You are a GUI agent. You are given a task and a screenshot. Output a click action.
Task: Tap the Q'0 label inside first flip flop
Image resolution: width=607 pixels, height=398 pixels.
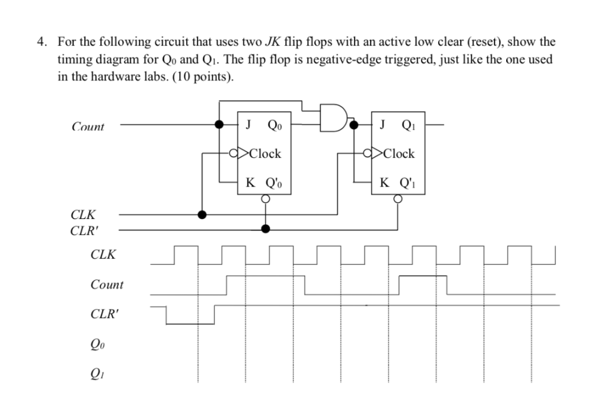(x=276, y=183)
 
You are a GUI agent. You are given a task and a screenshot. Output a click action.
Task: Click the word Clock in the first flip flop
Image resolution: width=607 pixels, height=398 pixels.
(x=265, y=154)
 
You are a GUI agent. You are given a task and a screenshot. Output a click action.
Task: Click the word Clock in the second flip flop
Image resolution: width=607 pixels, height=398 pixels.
(x=399, y=154)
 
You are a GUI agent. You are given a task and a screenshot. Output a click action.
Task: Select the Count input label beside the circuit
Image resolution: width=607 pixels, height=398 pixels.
(x=88, y=126)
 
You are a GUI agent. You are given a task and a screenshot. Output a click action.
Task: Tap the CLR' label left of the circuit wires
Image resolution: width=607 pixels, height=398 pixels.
(x=84, y=230)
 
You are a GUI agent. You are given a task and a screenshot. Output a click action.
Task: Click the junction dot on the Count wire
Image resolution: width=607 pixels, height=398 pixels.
(x=219, y=125)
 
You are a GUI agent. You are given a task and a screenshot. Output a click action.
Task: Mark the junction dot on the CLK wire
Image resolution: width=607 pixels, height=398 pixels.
(x=202, y=214)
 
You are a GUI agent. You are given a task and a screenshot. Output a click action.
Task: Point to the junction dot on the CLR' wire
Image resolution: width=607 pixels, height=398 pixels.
(x=266, y=229)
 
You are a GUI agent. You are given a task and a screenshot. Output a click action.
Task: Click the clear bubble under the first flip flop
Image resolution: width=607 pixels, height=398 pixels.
(x=266, y=199)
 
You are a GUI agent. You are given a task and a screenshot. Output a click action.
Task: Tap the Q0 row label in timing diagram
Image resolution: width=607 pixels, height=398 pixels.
(x=99, y=343)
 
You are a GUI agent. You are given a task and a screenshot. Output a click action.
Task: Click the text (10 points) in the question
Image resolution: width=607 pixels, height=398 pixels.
(x=200, y=77)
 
